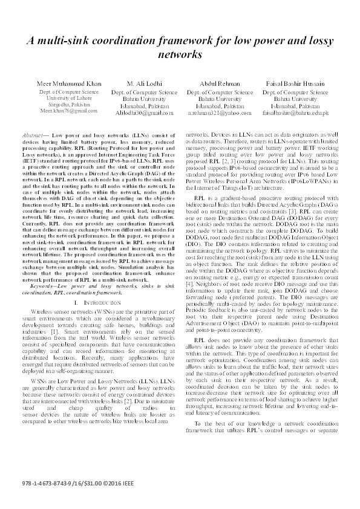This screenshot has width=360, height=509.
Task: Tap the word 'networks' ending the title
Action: (x=180, y=54)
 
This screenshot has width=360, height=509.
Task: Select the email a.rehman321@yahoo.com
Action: (x=220, y=112)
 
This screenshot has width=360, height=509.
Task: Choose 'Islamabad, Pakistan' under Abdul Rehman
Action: (x=220, y=106)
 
